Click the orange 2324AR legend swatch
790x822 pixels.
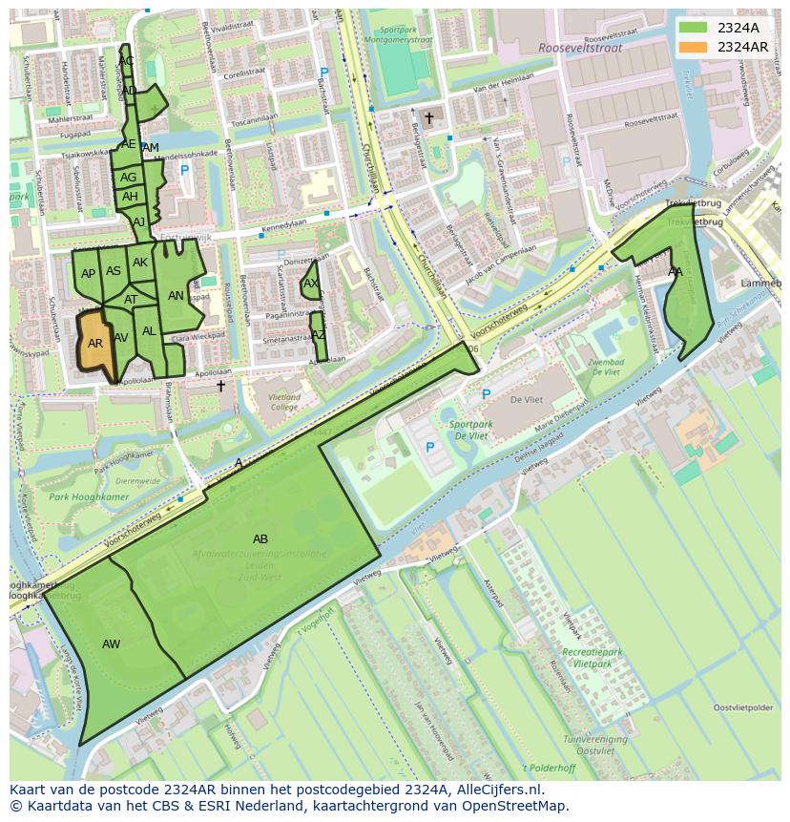695,47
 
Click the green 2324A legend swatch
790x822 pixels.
695,28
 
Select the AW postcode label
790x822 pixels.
112,644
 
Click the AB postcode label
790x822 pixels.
260,539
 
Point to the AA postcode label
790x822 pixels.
676,272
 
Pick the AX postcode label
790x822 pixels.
311,284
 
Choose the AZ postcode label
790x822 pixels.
319,335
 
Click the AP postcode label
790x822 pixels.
88,274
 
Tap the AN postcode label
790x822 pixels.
176,296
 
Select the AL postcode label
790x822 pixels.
149,331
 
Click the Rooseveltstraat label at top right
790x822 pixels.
579,47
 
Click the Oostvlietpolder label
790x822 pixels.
743,707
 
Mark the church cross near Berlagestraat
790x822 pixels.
429,118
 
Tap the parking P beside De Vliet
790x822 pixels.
486,393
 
